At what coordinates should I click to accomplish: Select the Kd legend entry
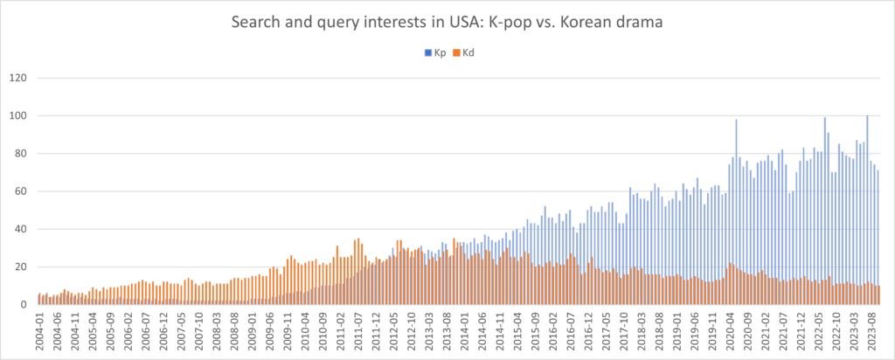pyautogui.click(x=465, y=53)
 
